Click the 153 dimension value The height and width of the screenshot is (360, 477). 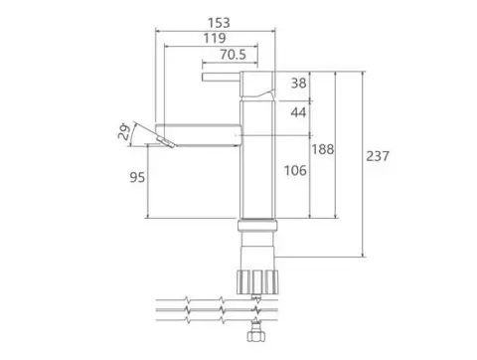click(219, 23)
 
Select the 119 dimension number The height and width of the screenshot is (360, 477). click(215, 38)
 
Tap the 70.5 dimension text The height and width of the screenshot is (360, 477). click(234, 55)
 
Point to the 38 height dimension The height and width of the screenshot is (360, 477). click(298, 83)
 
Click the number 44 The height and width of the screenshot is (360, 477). click(298, 112)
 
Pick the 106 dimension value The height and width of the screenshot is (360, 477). click(295, 171)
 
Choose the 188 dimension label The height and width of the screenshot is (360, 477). click(322, 149)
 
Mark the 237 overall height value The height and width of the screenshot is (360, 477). click(378, 156)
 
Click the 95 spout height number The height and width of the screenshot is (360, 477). click(137, 177)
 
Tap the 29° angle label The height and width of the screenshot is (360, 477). click(123, 131)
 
